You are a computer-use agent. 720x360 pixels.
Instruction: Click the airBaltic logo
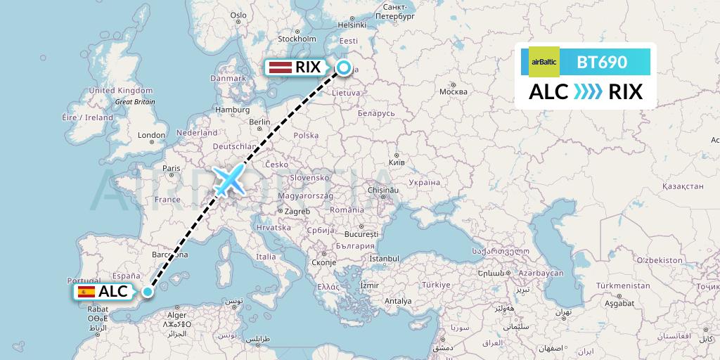click(544, 62)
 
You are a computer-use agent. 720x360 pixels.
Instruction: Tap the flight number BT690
click(602, 62)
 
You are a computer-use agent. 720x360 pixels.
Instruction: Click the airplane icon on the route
click(228, 180)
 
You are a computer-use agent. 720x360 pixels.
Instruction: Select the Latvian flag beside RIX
click(281, 67)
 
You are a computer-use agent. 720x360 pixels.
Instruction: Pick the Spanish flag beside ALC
click(87, 292)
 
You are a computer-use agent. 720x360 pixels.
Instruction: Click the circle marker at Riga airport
click(344, 67)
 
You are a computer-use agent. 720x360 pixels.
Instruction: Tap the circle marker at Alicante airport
click(148, 291)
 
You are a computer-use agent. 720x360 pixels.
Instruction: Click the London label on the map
click(151, 135)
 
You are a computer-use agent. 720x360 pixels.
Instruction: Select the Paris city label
click(172, 168)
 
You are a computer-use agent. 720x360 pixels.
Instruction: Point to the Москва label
click(453, 91)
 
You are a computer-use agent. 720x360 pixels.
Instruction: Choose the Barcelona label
click(169, 254)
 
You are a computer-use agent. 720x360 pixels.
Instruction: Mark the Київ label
click(397, 162)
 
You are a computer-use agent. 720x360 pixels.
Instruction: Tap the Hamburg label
click(233, 110)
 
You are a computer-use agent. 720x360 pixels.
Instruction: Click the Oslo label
click(238, 15)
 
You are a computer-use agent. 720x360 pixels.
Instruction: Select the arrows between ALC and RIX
click(588, 92)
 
